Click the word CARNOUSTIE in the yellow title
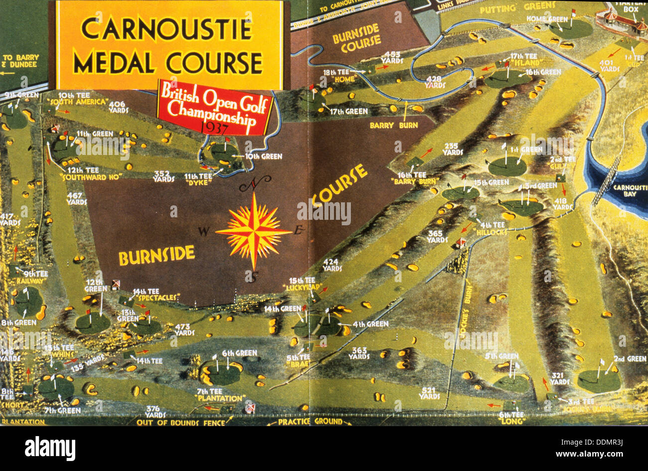[166, 29]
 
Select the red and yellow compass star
[254, 231]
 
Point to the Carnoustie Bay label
[630, 190]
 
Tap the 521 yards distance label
[429, 393]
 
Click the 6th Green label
[239, 353]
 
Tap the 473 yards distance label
[184, 329]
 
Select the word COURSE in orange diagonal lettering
[340, 185]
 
